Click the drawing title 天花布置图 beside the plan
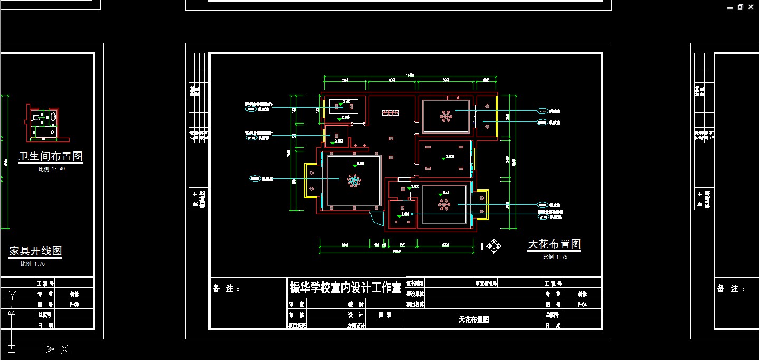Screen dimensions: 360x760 click(554, 244)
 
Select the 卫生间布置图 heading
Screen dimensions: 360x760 click(51, 157)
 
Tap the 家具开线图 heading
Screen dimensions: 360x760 click(35, 251)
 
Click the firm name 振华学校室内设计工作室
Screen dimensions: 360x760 click(346, 288)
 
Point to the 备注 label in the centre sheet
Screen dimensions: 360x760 click(226, 289)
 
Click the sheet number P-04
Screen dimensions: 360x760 click(582, 305)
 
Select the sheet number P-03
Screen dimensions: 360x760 click(75, 305)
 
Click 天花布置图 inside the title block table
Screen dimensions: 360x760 click(473, 319)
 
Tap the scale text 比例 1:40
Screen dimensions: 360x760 click(52, 169)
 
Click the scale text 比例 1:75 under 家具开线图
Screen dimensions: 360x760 click(33, 263)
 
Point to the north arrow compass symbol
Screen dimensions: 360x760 click(494, 245)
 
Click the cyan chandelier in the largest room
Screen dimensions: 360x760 click(354, 181)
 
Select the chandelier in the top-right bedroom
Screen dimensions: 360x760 click(446, 116)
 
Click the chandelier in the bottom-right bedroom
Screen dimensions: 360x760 click(444, 204)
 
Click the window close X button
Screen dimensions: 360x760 click(750, 7)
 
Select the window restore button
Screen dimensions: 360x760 click(740, 7)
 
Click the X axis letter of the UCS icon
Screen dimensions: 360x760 click(64, 349)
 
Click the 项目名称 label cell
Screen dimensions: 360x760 click(415, 305)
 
